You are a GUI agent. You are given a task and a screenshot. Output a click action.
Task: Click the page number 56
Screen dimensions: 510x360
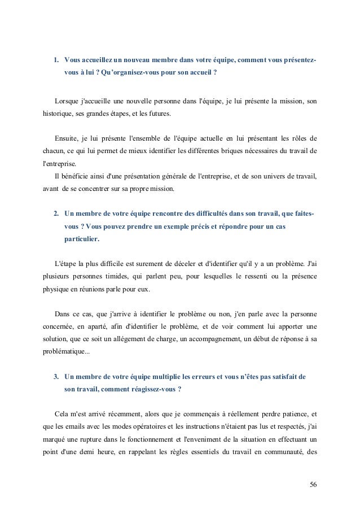tap(313, 484)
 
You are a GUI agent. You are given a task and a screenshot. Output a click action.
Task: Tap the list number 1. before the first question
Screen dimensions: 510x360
tap(56, 60)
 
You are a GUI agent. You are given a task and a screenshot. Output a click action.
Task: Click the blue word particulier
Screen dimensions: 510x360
tap(82, 239)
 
